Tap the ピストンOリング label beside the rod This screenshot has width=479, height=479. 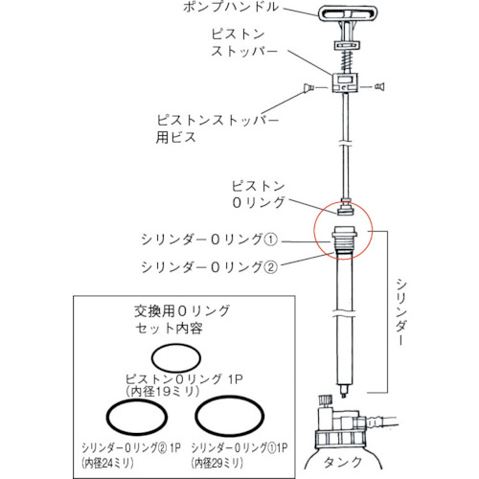(x=262, y=192)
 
